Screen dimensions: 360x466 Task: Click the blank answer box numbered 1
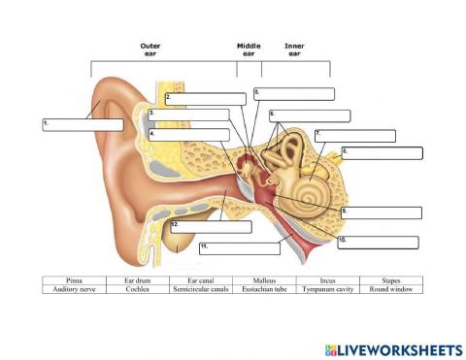(x=83, y=124)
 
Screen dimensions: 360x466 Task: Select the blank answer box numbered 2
(x=206, y=99)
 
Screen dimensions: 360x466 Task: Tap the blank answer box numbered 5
(x=294, y=94)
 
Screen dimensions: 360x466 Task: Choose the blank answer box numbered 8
(x=382, y=152)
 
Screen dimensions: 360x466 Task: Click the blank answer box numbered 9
(x=382, y=213)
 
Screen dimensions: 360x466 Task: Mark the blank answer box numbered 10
(x=378, y=242)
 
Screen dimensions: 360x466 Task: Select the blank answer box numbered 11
(x=239, y=248)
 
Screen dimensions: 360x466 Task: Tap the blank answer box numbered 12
(x=211, y=227)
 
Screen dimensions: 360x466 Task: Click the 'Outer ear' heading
(x=150, y=49)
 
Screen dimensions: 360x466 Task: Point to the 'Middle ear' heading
(x=249, y=49)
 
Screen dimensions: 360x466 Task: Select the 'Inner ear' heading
(x=294, y=49)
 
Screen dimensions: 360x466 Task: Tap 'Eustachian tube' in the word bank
(x=264, y=289)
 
